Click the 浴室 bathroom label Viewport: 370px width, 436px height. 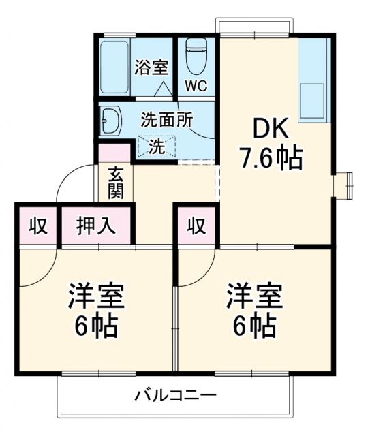[151, 68]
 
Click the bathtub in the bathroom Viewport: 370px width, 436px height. [115, 68]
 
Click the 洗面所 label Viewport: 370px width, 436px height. [166, 120]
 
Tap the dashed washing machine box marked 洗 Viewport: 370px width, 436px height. [157, 146]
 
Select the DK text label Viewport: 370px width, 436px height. [272, 128]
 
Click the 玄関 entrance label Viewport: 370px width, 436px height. [115, 183]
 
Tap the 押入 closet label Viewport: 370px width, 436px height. [94, 225]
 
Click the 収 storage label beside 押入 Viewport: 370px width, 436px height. [37, 225]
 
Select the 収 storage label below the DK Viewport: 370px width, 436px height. [196, 225]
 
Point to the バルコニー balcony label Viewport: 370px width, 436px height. [175, 396]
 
